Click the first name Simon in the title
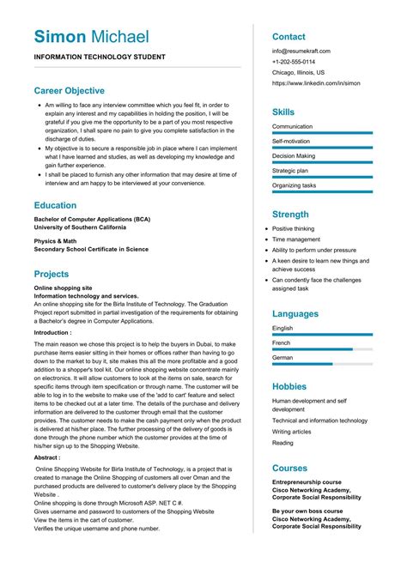(60, 36)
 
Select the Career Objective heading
(70, 90)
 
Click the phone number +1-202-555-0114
(294, 62)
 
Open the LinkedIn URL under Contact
(316, 83)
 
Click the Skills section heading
(283, 112)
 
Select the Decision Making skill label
(294, 156)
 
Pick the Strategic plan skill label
(290, 171)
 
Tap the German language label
(283, 358)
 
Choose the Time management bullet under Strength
(296, 239)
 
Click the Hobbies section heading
(290, 386)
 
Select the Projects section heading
(58, 274)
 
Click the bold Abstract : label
(47, 458)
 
